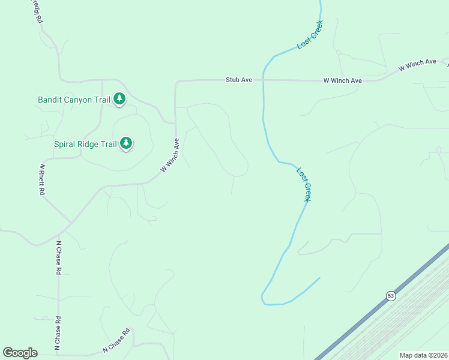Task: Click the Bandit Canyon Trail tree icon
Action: pyautogui.click(x=119, y=98)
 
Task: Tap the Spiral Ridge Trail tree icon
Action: pyautogui.click(x=126, y=143)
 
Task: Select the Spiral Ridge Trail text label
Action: pyautogui.click(x=85, y=144)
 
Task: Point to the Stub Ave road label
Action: pyautogui.click(x=238, y=80)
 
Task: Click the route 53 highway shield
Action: pyautogui.click(x=391, y=296)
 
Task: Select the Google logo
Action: pyautogui.click(x=20, y=353)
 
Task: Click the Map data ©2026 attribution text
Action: pyautogui.click(x=424, y=355)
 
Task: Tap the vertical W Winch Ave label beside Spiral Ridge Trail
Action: pyautogui.click(x=170, y=155)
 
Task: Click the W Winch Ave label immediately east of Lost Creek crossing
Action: pyautogui.click(x=342, y=80)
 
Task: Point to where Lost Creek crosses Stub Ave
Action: pyautogui.click(x=263, y=80)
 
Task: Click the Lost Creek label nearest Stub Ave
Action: pyautogui.click(x=310, y=35)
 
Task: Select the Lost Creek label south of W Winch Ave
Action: pyautogui.click(x=304, y=184)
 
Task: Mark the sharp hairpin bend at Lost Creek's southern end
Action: pyautogui.click(x=262, y=297)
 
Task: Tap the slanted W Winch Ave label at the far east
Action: pyautogui.click(x=418, y=65)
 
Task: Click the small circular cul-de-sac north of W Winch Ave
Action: pyautogui.click(x=338, y=53)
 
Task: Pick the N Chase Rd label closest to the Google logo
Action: pyautogui.click(x=58, y=334)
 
